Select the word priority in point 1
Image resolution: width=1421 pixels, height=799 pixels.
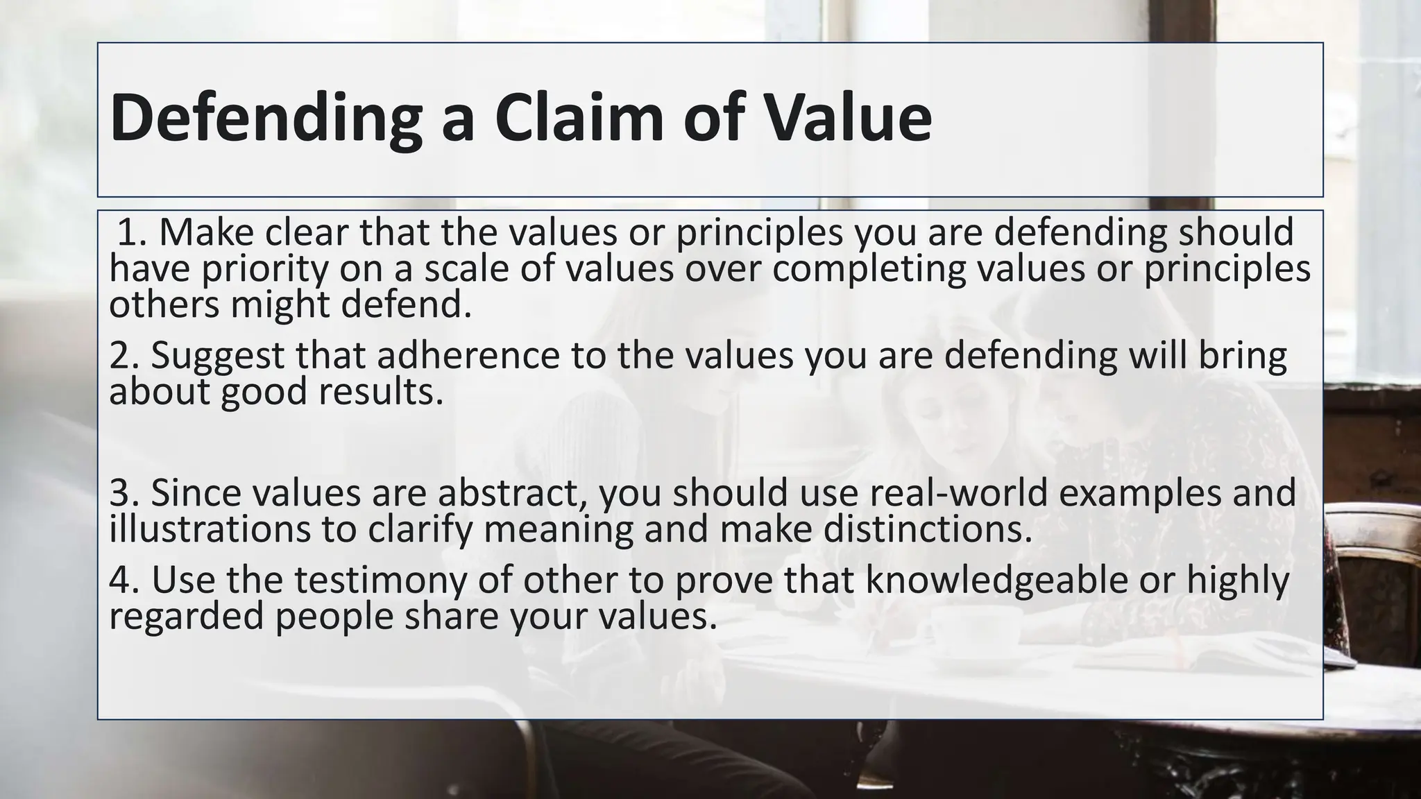pyautogui.click(x=264, y=270)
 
